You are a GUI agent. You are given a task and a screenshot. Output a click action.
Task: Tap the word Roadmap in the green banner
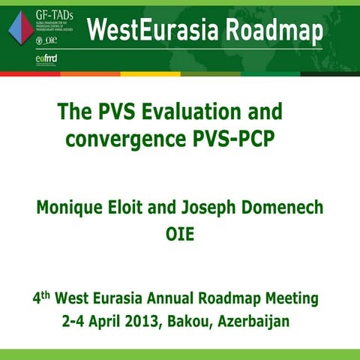[x=266, y=30]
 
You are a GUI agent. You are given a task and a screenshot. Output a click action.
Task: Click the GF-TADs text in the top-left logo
[x=44, y=10]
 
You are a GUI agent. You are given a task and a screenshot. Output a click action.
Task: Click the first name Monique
[x=70, y=206]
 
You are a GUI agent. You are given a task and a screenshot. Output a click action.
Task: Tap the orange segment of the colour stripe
[x=90, y=74]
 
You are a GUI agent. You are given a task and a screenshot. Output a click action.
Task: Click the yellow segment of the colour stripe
[x=150, y=74]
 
